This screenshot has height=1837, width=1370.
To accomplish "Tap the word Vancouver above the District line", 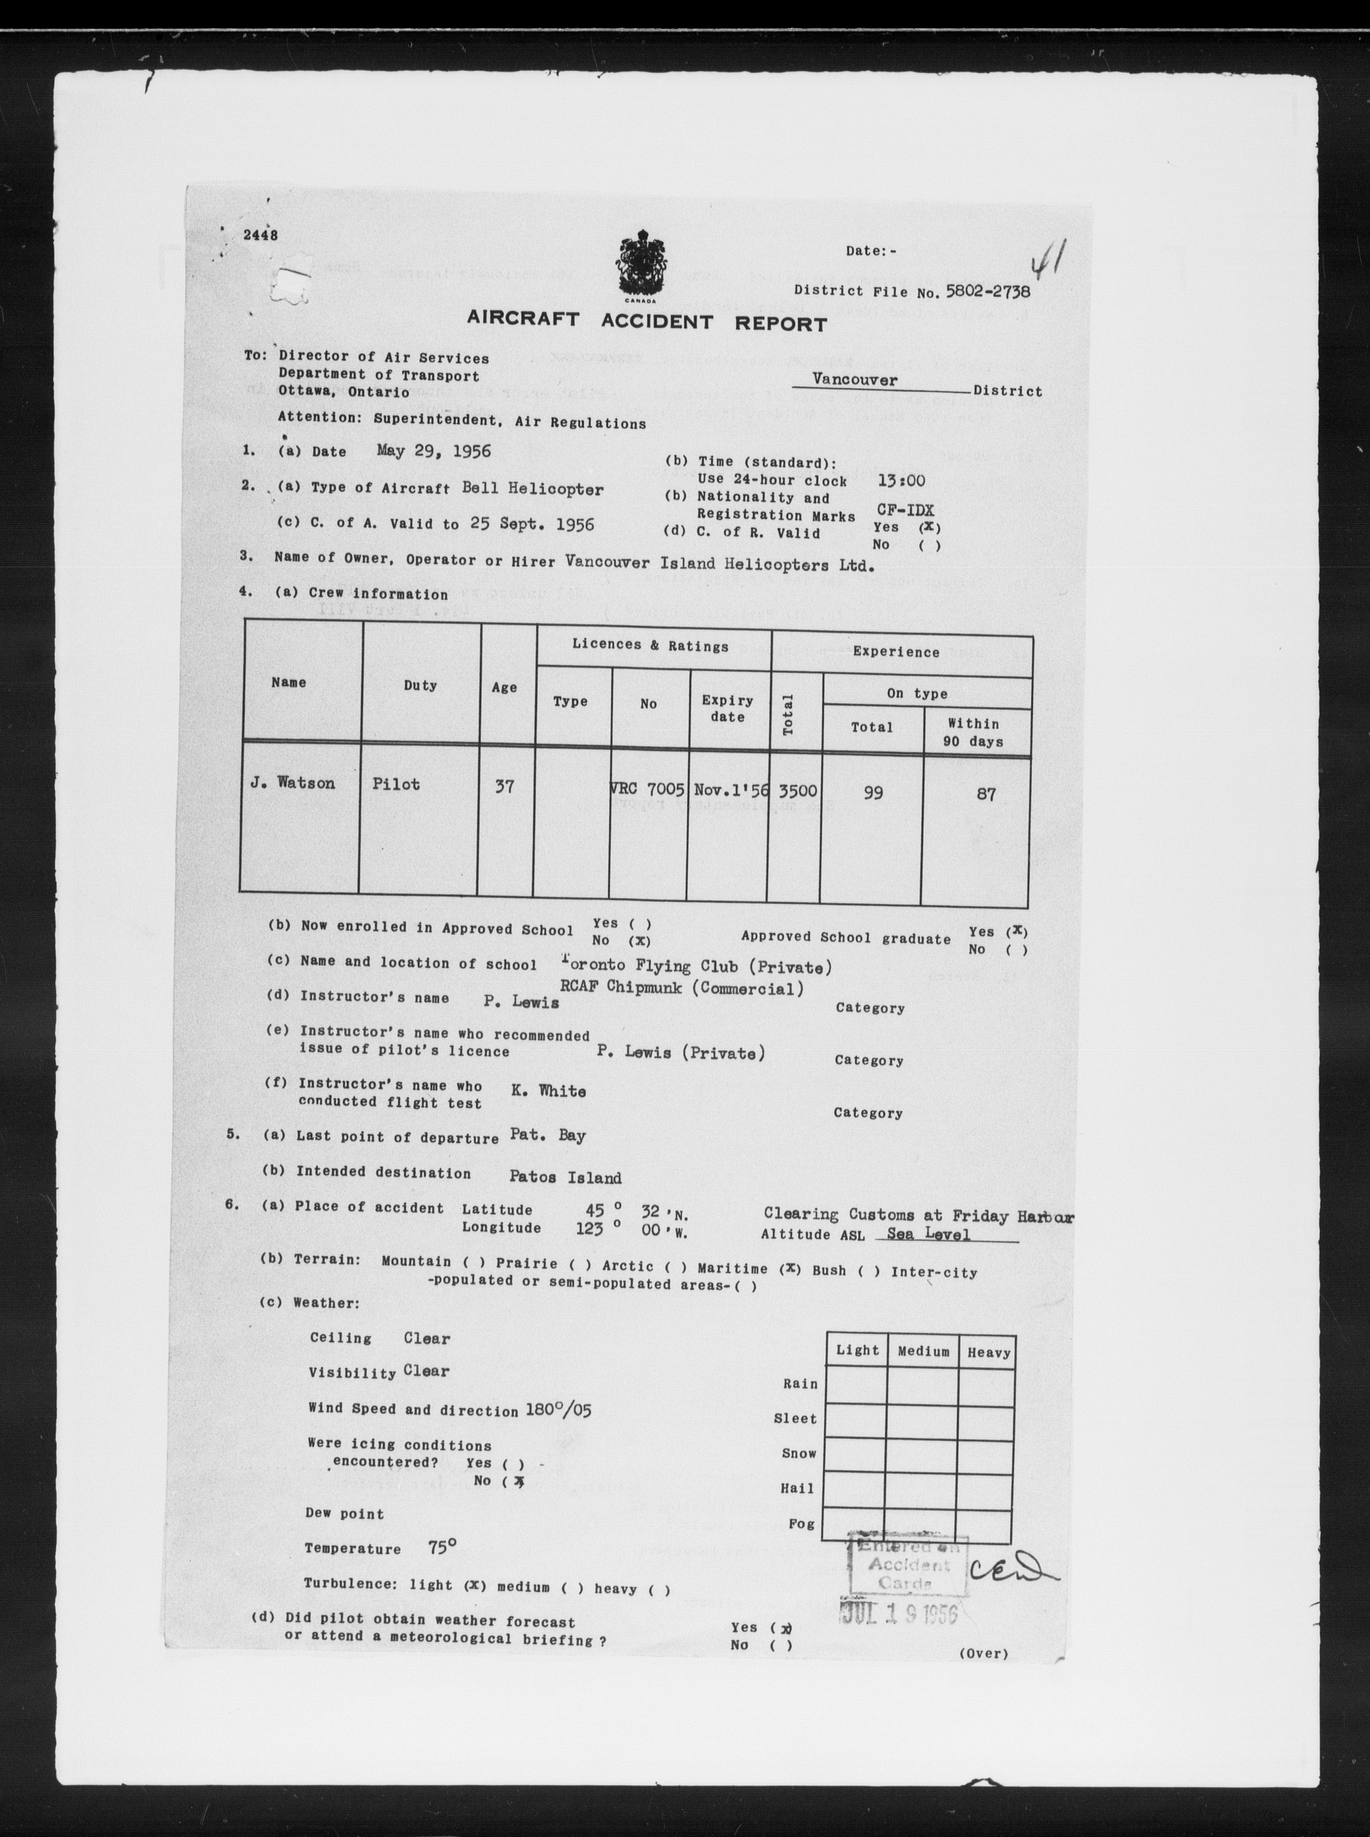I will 854,380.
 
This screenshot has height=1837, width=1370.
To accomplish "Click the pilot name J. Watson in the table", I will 293,783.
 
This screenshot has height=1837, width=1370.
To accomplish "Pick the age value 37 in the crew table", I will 504,785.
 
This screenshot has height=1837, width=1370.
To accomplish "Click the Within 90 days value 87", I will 985,793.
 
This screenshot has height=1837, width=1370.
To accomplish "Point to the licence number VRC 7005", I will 648,790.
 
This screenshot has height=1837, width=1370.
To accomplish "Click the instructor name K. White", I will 548,1091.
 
